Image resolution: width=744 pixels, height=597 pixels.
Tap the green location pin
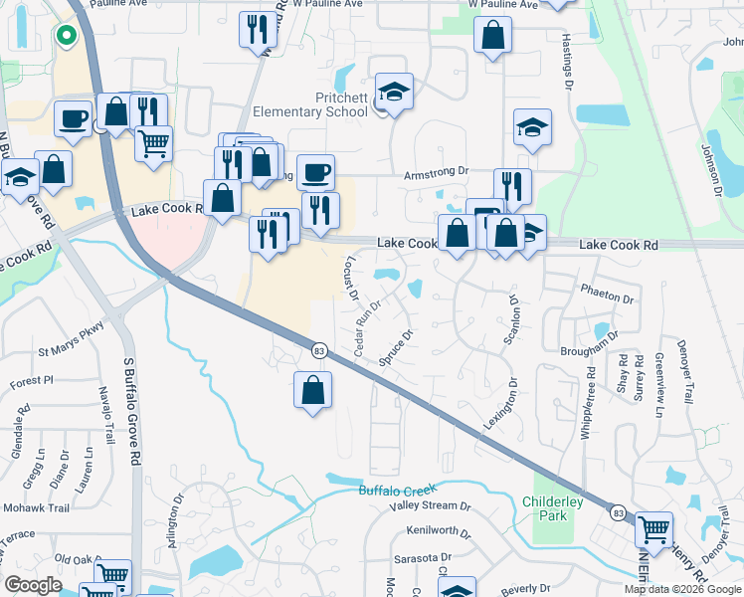click(66, 37)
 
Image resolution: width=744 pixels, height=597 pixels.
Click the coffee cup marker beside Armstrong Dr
click(315, 173)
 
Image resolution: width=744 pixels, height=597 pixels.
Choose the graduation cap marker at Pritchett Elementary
click(395, 92)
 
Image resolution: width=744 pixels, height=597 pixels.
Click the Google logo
click(34, 585)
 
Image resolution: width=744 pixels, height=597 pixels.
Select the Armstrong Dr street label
click(436, 172)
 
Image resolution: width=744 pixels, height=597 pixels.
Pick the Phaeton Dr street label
click(607, 298)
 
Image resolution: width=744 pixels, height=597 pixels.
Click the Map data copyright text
click(682, 589)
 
